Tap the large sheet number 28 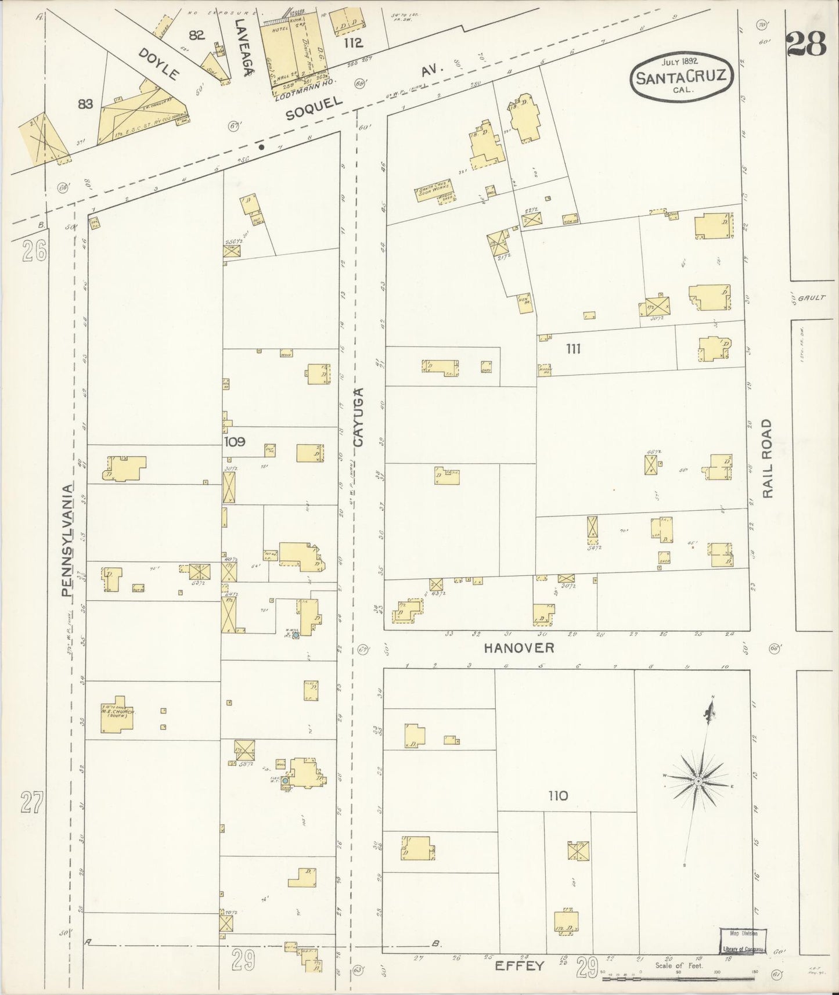808,44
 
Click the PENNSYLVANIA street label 68,540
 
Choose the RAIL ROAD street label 768,459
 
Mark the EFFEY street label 520,966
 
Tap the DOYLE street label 159,64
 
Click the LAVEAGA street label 242,46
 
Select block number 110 557,796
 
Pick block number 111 573,349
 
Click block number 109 235,441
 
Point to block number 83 85,104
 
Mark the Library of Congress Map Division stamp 743,940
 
